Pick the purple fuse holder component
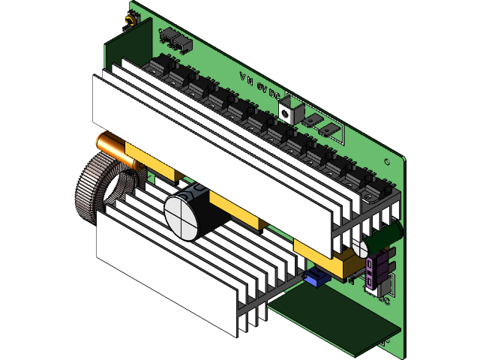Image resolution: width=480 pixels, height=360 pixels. coord(379,266)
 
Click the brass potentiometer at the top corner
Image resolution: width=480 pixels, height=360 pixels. coord(130,20)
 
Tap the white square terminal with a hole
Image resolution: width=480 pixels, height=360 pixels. coord(288,111)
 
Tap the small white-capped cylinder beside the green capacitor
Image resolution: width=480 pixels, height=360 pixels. coord(362,248)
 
